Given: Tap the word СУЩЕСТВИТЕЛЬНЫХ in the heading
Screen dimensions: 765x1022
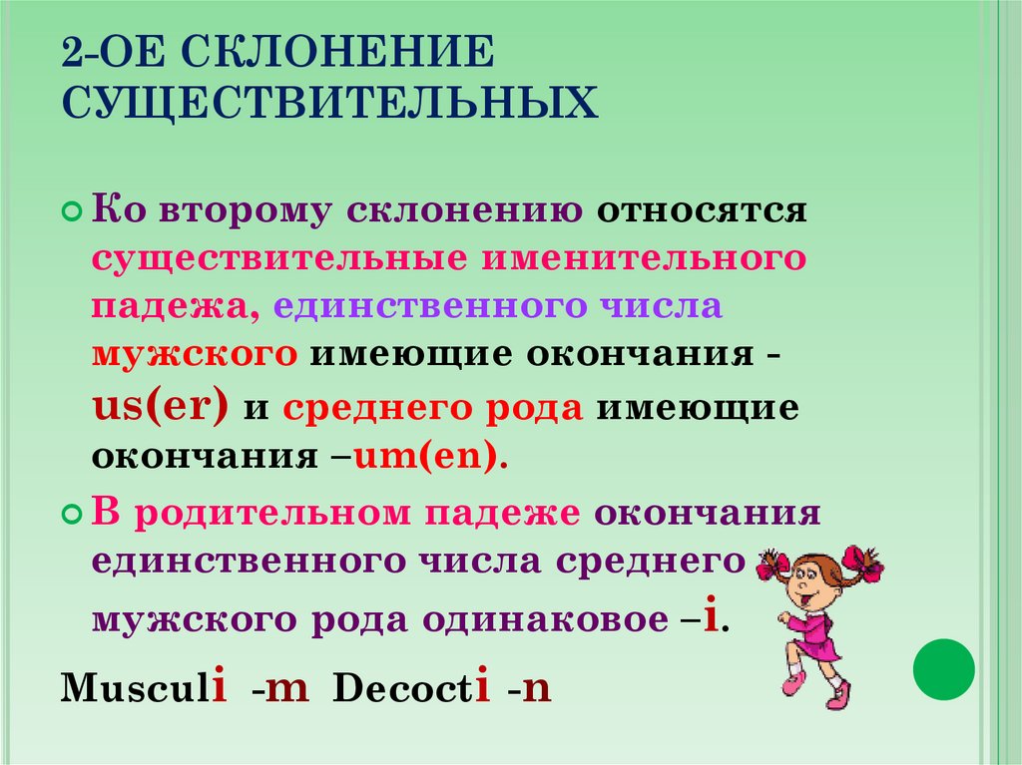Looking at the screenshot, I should point(330,103).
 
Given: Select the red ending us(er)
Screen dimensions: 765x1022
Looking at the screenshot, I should point(161,407).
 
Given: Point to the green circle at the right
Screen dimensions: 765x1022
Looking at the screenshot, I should point(944,669).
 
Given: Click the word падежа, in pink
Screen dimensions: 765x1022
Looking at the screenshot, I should point(176,305).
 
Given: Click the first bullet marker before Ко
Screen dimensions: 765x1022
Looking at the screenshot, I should point(71,213).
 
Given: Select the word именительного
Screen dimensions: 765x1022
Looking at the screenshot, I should point(645,258).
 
